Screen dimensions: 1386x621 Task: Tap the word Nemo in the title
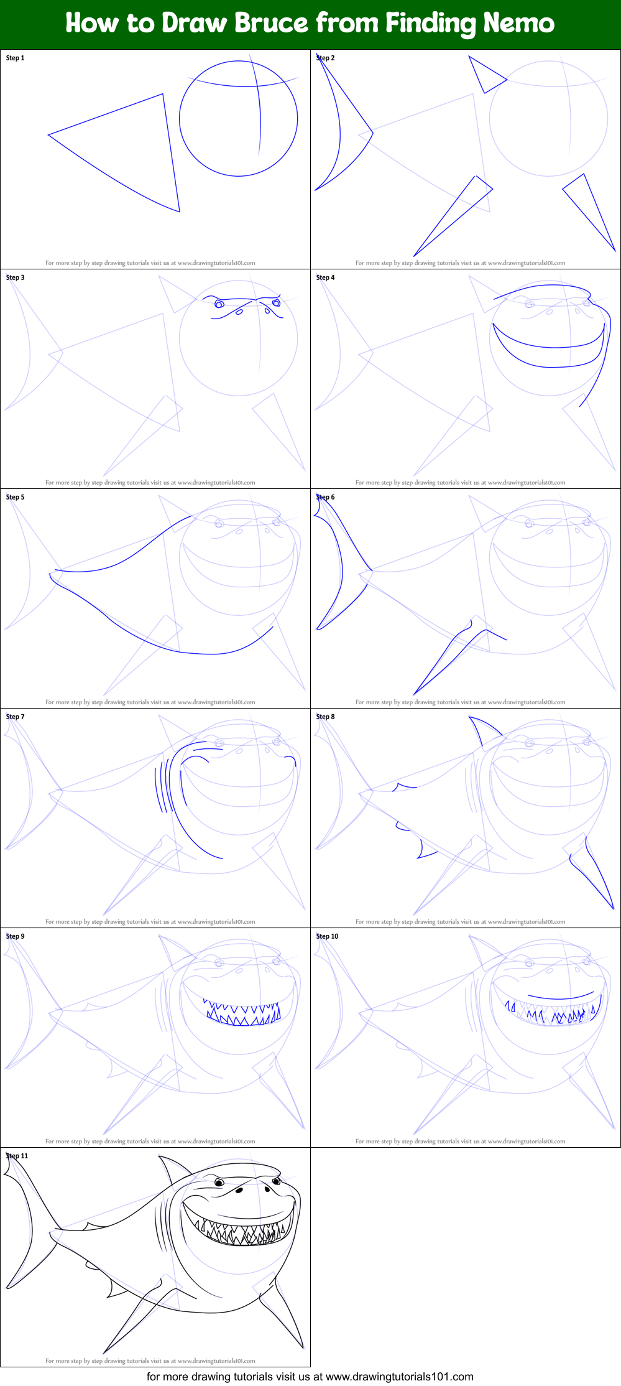coord(518,24)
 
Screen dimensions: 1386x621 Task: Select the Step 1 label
coord(16,58)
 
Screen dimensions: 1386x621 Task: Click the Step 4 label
coord(325,277)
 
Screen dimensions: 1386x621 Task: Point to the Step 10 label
coord(327,936)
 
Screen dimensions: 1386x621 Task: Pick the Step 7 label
coord(16,717)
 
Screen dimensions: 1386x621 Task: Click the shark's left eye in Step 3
coord(219,304)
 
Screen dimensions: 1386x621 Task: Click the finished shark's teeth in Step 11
coord(242,1235)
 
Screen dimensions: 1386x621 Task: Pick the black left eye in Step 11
coord(219,1182)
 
